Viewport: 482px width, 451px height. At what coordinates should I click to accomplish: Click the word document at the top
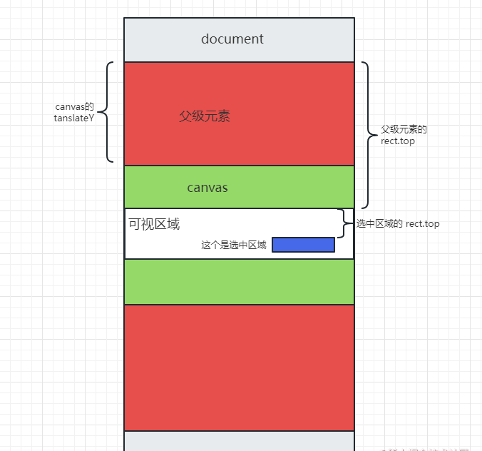click(x=232, y=39)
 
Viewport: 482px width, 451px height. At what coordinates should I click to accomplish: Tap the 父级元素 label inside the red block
click(x=205, y=116)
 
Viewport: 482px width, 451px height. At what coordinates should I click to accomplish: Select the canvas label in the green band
click(x=207, y=188)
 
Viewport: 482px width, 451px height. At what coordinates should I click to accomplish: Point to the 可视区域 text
click(x=154, y=224)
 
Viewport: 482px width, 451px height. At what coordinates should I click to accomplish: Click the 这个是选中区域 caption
click(x=234, y=245)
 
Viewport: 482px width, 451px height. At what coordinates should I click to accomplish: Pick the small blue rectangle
click(x=303, y=245)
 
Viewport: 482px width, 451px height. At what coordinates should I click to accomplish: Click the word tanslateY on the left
click(x=74, y=118)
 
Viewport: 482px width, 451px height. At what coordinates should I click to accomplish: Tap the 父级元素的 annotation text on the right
click(x=404, y=130)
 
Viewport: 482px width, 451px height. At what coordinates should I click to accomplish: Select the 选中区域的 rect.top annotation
click(x=398, y=224)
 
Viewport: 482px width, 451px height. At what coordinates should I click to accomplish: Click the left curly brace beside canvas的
click(x=109, y=112)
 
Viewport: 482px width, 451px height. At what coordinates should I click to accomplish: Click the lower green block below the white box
click(x=239, y=282)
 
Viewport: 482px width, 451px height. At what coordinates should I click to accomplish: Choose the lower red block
click(x=239, y=368)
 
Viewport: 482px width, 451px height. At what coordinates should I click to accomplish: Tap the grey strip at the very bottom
click(x=239, y=441)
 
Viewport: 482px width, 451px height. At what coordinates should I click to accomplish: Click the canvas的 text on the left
click(x=70, y=107)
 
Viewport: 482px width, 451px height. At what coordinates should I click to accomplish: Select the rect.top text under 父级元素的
click(x=398, y=141)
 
